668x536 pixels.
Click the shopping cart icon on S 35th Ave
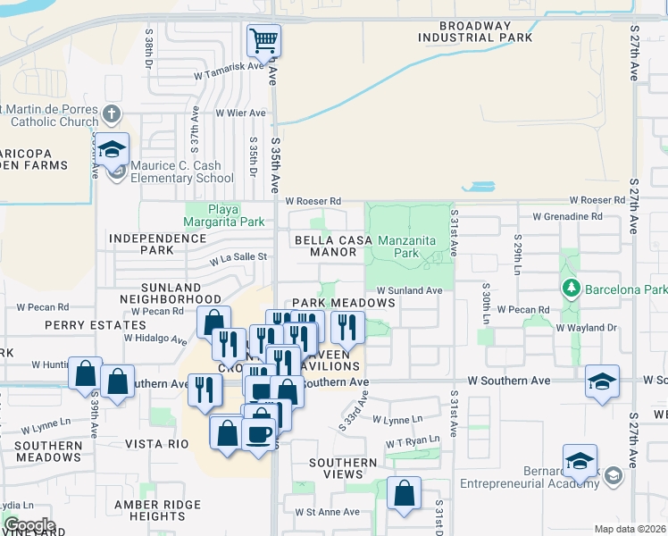point(263,40)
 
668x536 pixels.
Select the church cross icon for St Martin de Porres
point(111,113)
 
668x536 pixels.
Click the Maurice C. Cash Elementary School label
point(182,172)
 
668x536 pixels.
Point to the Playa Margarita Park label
point(224,215)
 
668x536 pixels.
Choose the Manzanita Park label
point(411,247)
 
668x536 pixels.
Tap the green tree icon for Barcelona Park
point(570,289)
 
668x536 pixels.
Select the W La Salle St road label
point(238,258)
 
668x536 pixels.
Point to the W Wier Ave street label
point(240,113)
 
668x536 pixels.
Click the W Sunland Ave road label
point(409,290)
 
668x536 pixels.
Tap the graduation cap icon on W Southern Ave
point(603,381)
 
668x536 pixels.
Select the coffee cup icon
point(259,434)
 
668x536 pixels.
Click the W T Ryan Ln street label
point(413,441)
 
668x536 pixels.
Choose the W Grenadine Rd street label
point(567,217)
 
